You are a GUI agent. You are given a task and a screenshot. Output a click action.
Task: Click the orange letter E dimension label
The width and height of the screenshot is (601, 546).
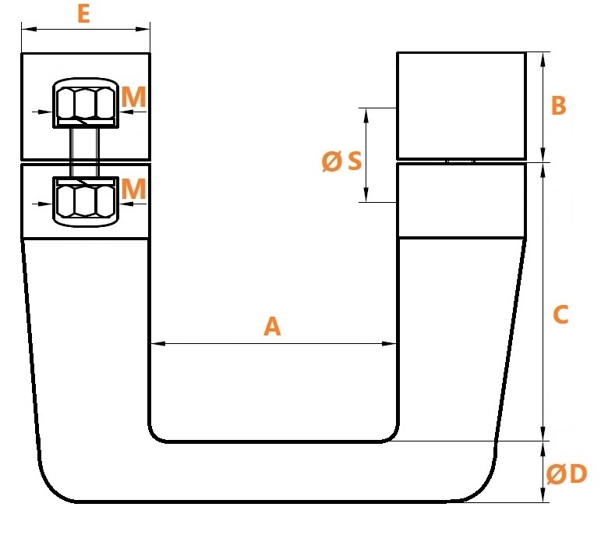coord(83,14)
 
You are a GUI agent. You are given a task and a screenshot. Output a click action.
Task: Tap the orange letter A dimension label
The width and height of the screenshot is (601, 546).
coord(272,327)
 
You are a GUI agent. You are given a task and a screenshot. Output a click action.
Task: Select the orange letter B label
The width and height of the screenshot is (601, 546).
coord(558,105)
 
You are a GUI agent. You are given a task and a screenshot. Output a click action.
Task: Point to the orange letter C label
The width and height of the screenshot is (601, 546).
coord(560,314)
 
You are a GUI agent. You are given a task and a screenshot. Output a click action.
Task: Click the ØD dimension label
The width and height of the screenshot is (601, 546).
coord(567,474)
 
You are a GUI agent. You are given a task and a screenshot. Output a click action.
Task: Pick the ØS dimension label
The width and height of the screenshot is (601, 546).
coord(341,161)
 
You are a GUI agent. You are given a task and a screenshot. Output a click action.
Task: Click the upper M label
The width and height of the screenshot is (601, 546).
coord(134,97)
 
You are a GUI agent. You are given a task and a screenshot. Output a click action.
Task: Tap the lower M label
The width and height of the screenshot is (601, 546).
coord(134,189)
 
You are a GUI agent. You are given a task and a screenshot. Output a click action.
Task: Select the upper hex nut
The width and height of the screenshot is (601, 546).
coord(86,103)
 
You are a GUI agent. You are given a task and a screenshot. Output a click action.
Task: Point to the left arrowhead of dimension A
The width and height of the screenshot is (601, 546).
coord(158,343)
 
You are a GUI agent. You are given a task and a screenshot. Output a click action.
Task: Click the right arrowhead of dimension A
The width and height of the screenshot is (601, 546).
coord(389,343)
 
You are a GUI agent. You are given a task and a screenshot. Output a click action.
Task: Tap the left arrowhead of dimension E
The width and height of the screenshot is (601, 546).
coord(29,29)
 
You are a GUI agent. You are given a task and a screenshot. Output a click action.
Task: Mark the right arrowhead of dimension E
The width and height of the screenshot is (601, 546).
coord(143,29)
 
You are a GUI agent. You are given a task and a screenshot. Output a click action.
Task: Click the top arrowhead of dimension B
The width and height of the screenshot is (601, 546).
coord(543,59)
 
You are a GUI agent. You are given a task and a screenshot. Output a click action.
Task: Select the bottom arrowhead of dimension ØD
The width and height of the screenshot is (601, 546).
coord(543,495)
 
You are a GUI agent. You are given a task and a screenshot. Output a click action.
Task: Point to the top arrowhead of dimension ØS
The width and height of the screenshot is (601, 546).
coord(366,115)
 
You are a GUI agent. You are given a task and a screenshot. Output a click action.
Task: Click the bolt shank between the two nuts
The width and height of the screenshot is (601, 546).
coord(85,152)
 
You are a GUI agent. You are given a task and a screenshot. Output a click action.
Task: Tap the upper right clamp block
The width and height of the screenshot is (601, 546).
coord(461,105)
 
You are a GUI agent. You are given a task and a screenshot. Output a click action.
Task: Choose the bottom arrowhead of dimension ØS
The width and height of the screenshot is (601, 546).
coord(366,194)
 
